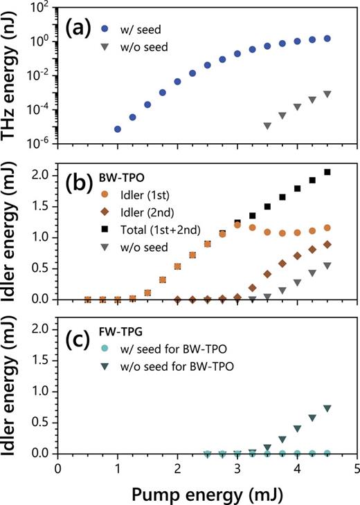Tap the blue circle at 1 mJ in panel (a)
tap(118, 129)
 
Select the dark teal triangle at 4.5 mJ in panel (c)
tap(327, 408)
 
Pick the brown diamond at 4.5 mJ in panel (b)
tap(327, 244)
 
